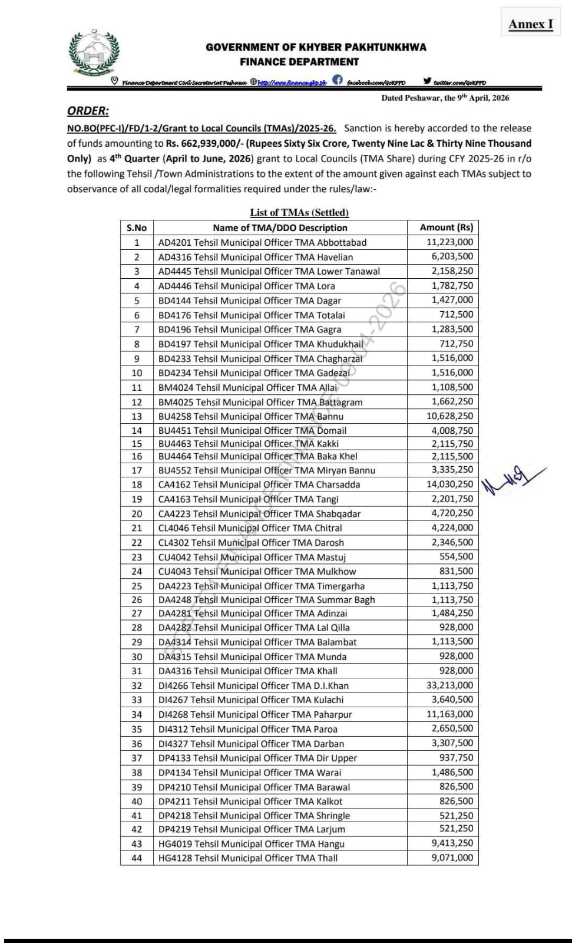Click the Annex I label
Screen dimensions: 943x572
pos(530,24)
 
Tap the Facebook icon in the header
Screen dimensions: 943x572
pos(338,81)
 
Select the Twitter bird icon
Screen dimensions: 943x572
pos(427,81)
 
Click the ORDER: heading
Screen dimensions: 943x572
pos(88,111)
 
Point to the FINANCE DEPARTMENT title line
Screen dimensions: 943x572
pos(299,62)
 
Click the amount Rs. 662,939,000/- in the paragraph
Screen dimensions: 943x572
pos(204,143)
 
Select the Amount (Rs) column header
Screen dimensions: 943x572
pos(446,227)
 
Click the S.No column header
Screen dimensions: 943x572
pos(137,228)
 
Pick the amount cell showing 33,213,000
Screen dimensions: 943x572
pos(449,685)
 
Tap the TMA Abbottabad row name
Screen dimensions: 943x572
pos(262,242)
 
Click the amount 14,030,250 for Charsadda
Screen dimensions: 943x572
pos(449,484)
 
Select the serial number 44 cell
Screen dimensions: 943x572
pos(137,858)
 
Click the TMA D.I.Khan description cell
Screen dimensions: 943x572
pos(253,685)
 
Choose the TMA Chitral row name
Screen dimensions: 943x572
pos(250,528)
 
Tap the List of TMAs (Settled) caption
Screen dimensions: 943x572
pos(299,213)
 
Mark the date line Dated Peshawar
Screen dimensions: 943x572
pos(445,98)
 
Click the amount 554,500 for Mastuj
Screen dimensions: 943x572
pos(456,557)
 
